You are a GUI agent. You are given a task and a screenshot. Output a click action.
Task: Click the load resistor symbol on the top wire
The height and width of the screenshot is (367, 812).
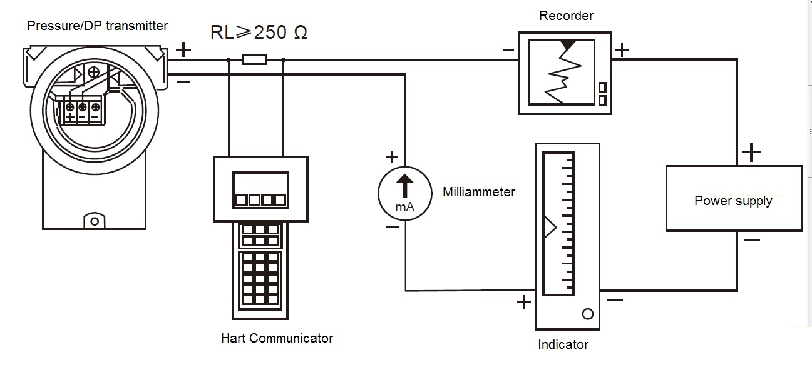(x=254, y=60)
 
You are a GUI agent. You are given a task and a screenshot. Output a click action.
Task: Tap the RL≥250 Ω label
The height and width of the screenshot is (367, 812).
(x=259, y=33)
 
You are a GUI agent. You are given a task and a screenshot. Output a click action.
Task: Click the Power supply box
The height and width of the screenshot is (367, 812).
(x=733, y=199)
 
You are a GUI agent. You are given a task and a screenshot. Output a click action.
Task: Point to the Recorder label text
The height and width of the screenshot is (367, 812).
(x=566, y=16)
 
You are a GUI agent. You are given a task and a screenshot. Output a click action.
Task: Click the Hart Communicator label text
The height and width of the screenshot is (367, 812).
(x=277, y=338)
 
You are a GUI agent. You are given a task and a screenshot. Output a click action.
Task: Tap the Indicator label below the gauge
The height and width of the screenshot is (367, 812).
(x=563, y=344)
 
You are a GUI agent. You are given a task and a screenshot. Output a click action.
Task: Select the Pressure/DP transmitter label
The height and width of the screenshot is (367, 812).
(x=97, y=26)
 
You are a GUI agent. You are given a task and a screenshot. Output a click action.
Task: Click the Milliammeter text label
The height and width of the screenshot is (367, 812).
(x=478, y=192)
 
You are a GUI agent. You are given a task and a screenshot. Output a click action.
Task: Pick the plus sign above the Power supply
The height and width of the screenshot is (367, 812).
(x=751, y=153)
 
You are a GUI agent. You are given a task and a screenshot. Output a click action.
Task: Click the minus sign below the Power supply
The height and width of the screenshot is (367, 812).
(x=751, y=240)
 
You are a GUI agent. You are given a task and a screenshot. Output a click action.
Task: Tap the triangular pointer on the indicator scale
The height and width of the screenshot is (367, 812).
(x=549, y=228)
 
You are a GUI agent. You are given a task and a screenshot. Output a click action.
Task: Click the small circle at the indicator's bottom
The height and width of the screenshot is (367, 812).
(x=587, y=314)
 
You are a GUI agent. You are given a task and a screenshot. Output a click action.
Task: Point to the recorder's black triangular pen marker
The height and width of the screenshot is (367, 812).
(x=567, y=45)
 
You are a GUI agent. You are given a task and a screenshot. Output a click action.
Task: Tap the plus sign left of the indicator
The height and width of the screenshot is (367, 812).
(x=523, y=303)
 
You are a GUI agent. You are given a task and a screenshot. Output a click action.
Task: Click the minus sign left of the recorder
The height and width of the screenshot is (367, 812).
(x=508, y=51)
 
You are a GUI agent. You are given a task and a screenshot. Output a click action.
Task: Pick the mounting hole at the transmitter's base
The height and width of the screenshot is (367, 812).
(x=94, y=221)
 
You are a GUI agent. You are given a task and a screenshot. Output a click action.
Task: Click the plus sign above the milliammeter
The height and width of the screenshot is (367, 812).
(x=392, y=156)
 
